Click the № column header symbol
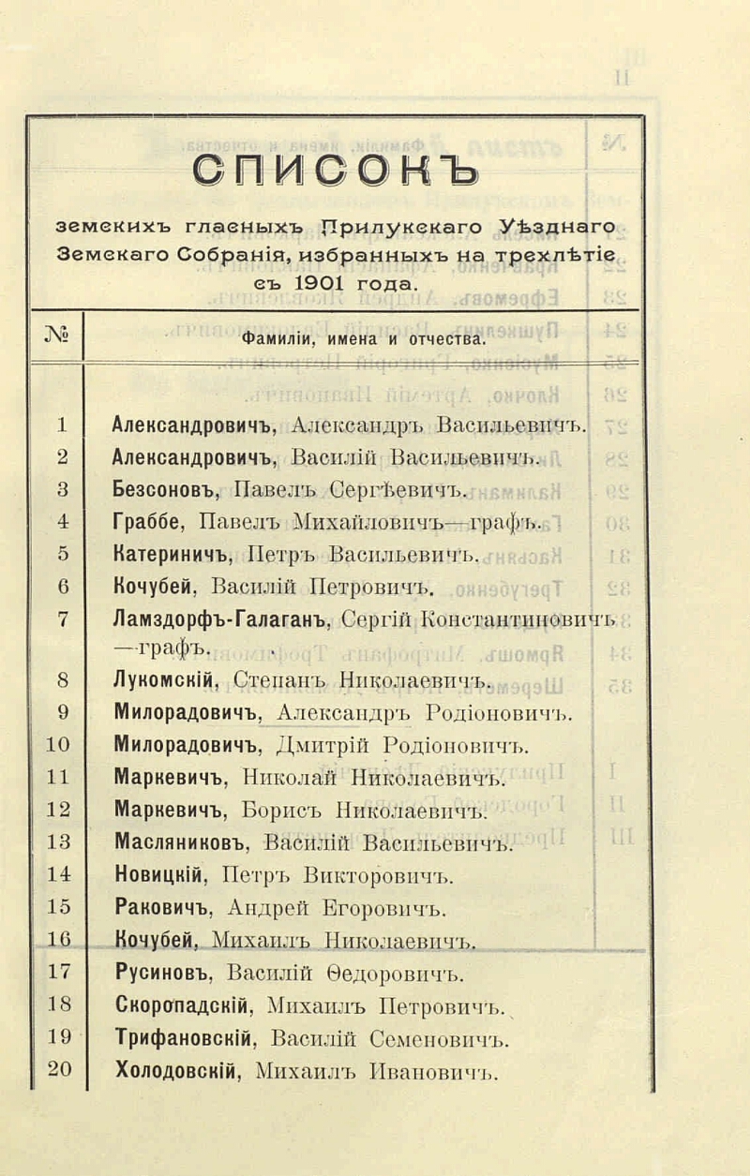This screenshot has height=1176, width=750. pos(58,335)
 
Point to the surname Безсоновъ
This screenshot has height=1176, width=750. pos(168,487)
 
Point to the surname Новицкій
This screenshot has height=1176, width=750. pos(161,875)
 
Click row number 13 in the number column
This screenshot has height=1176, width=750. pos(61,814)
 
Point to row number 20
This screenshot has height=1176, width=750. pos(60,1067)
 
